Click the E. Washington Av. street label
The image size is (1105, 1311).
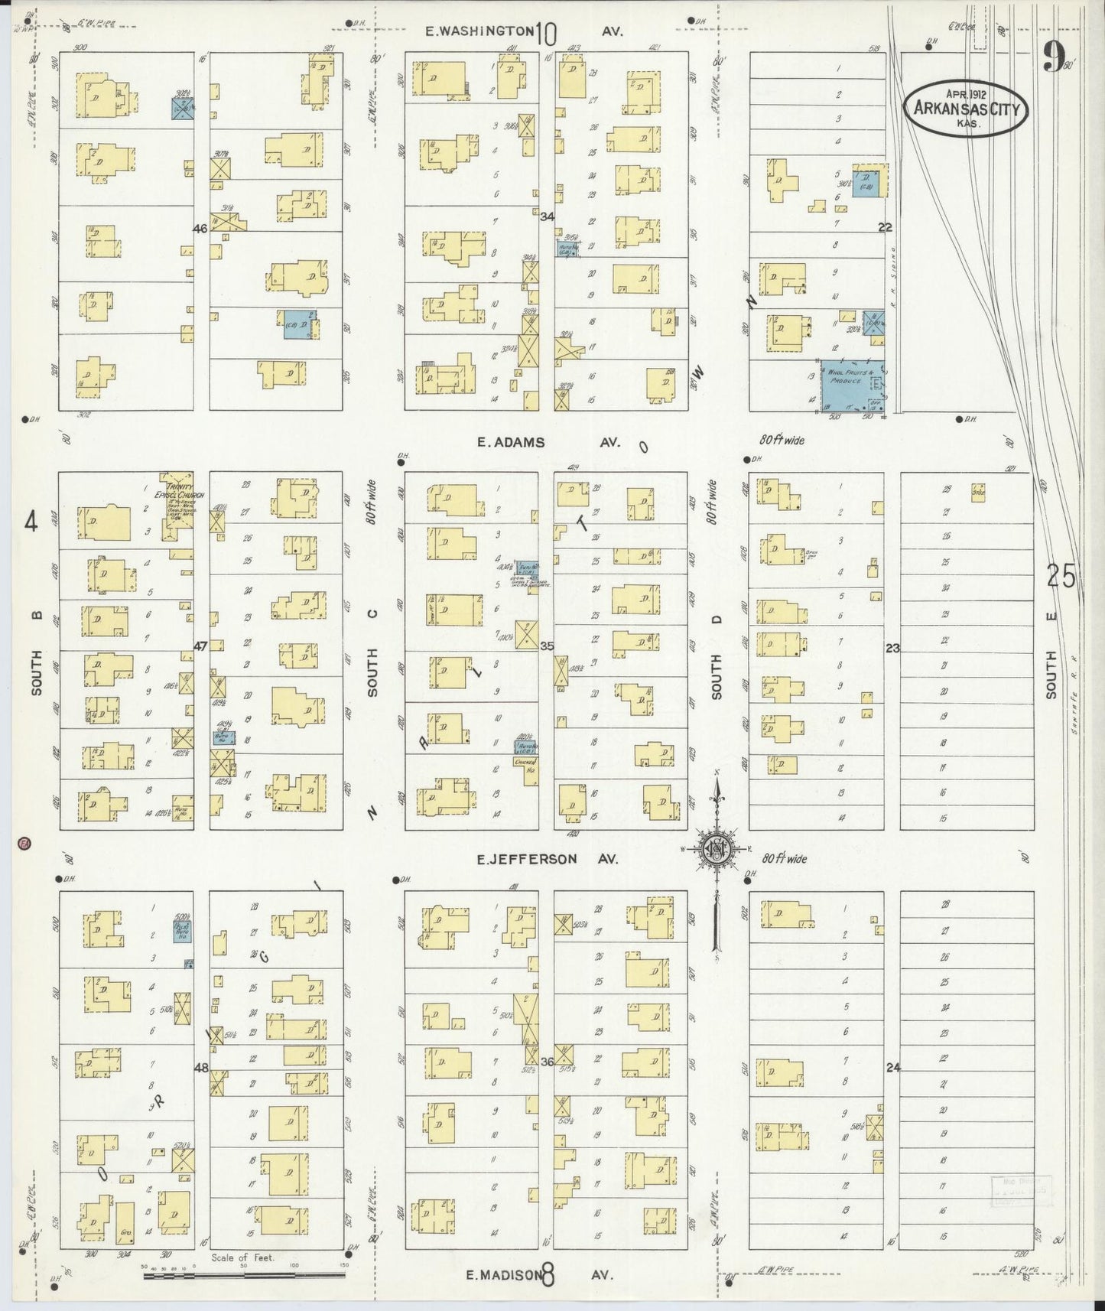[x=525, y=31]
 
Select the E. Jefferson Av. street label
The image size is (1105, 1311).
[x=547, y=859]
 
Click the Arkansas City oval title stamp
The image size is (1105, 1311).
[x=967, y=109]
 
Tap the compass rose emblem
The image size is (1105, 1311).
[x=717, y=849]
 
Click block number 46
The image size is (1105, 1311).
[x=200, y=228]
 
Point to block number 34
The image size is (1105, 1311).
[x=547, y=217]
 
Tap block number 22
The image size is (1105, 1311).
[x=886, y=227]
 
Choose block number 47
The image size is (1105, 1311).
[x=200, y=646]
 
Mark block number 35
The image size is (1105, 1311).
[x=547, y=646]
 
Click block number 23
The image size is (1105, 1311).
[x=892, y=649]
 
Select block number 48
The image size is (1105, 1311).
[x=200, y=1068]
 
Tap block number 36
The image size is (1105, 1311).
[x=547, y=1062]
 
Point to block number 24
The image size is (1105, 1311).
[x=892, y=1068]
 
